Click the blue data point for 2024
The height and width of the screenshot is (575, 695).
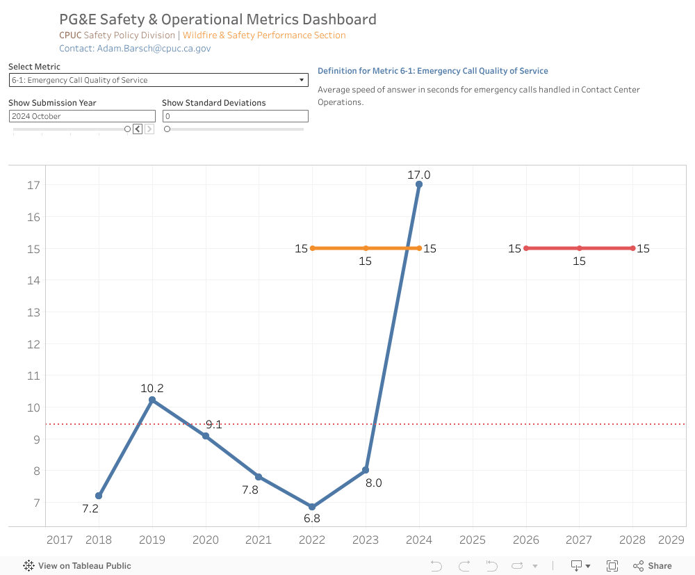coord(419,184)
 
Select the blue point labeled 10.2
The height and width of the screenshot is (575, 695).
coord(152,400)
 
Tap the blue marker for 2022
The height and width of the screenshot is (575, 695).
coord(312,507)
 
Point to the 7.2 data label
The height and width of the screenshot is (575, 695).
coord(90,508)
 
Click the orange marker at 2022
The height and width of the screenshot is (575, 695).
coord(313,248)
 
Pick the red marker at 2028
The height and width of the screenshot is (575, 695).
coord(632,248)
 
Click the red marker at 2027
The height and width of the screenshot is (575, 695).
coord(579,248)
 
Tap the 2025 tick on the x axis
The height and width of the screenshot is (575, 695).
coord(473,540)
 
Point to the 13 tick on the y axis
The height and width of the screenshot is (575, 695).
coord(33,312)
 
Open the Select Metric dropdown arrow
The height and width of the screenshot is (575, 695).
coord(302,80)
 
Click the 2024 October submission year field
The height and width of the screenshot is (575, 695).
coord(82,116)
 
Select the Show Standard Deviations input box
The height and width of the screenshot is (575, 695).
coord(235,116)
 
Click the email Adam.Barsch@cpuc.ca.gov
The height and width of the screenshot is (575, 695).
coord(154,49)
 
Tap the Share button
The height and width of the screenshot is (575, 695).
coord(653,566)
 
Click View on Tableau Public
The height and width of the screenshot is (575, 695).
coord(77,566)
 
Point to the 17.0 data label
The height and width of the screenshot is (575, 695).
coord(419,175)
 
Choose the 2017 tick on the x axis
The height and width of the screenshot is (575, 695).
coord(59,540)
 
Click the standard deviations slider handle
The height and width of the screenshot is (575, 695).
coord(167,129)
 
